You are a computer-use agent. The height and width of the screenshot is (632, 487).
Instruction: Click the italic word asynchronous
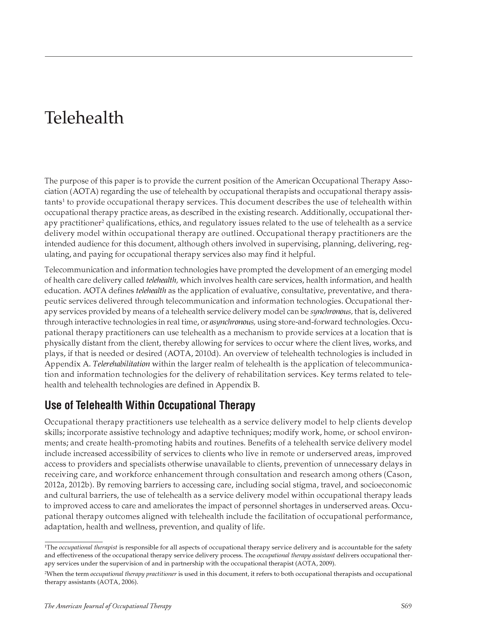point(232,322)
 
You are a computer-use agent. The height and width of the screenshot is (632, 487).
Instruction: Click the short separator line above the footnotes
point(74,542)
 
